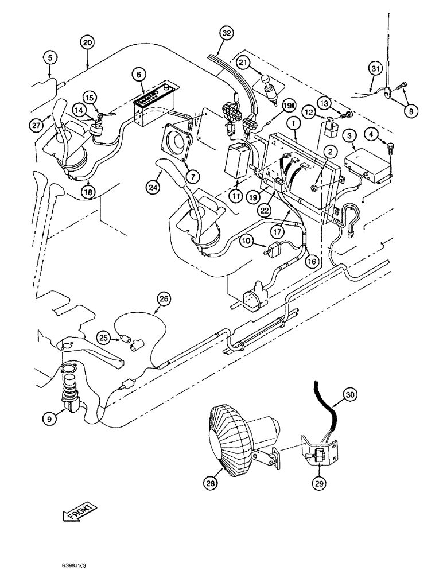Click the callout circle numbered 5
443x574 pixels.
tap(50, 57)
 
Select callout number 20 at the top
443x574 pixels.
tap(87, 43)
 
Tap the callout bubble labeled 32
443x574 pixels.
tap(226, 34)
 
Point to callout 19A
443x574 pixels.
tap(287, 105)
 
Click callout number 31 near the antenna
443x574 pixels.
tap(375, 69)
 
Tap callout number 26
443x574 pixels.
tap(164, 298)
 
